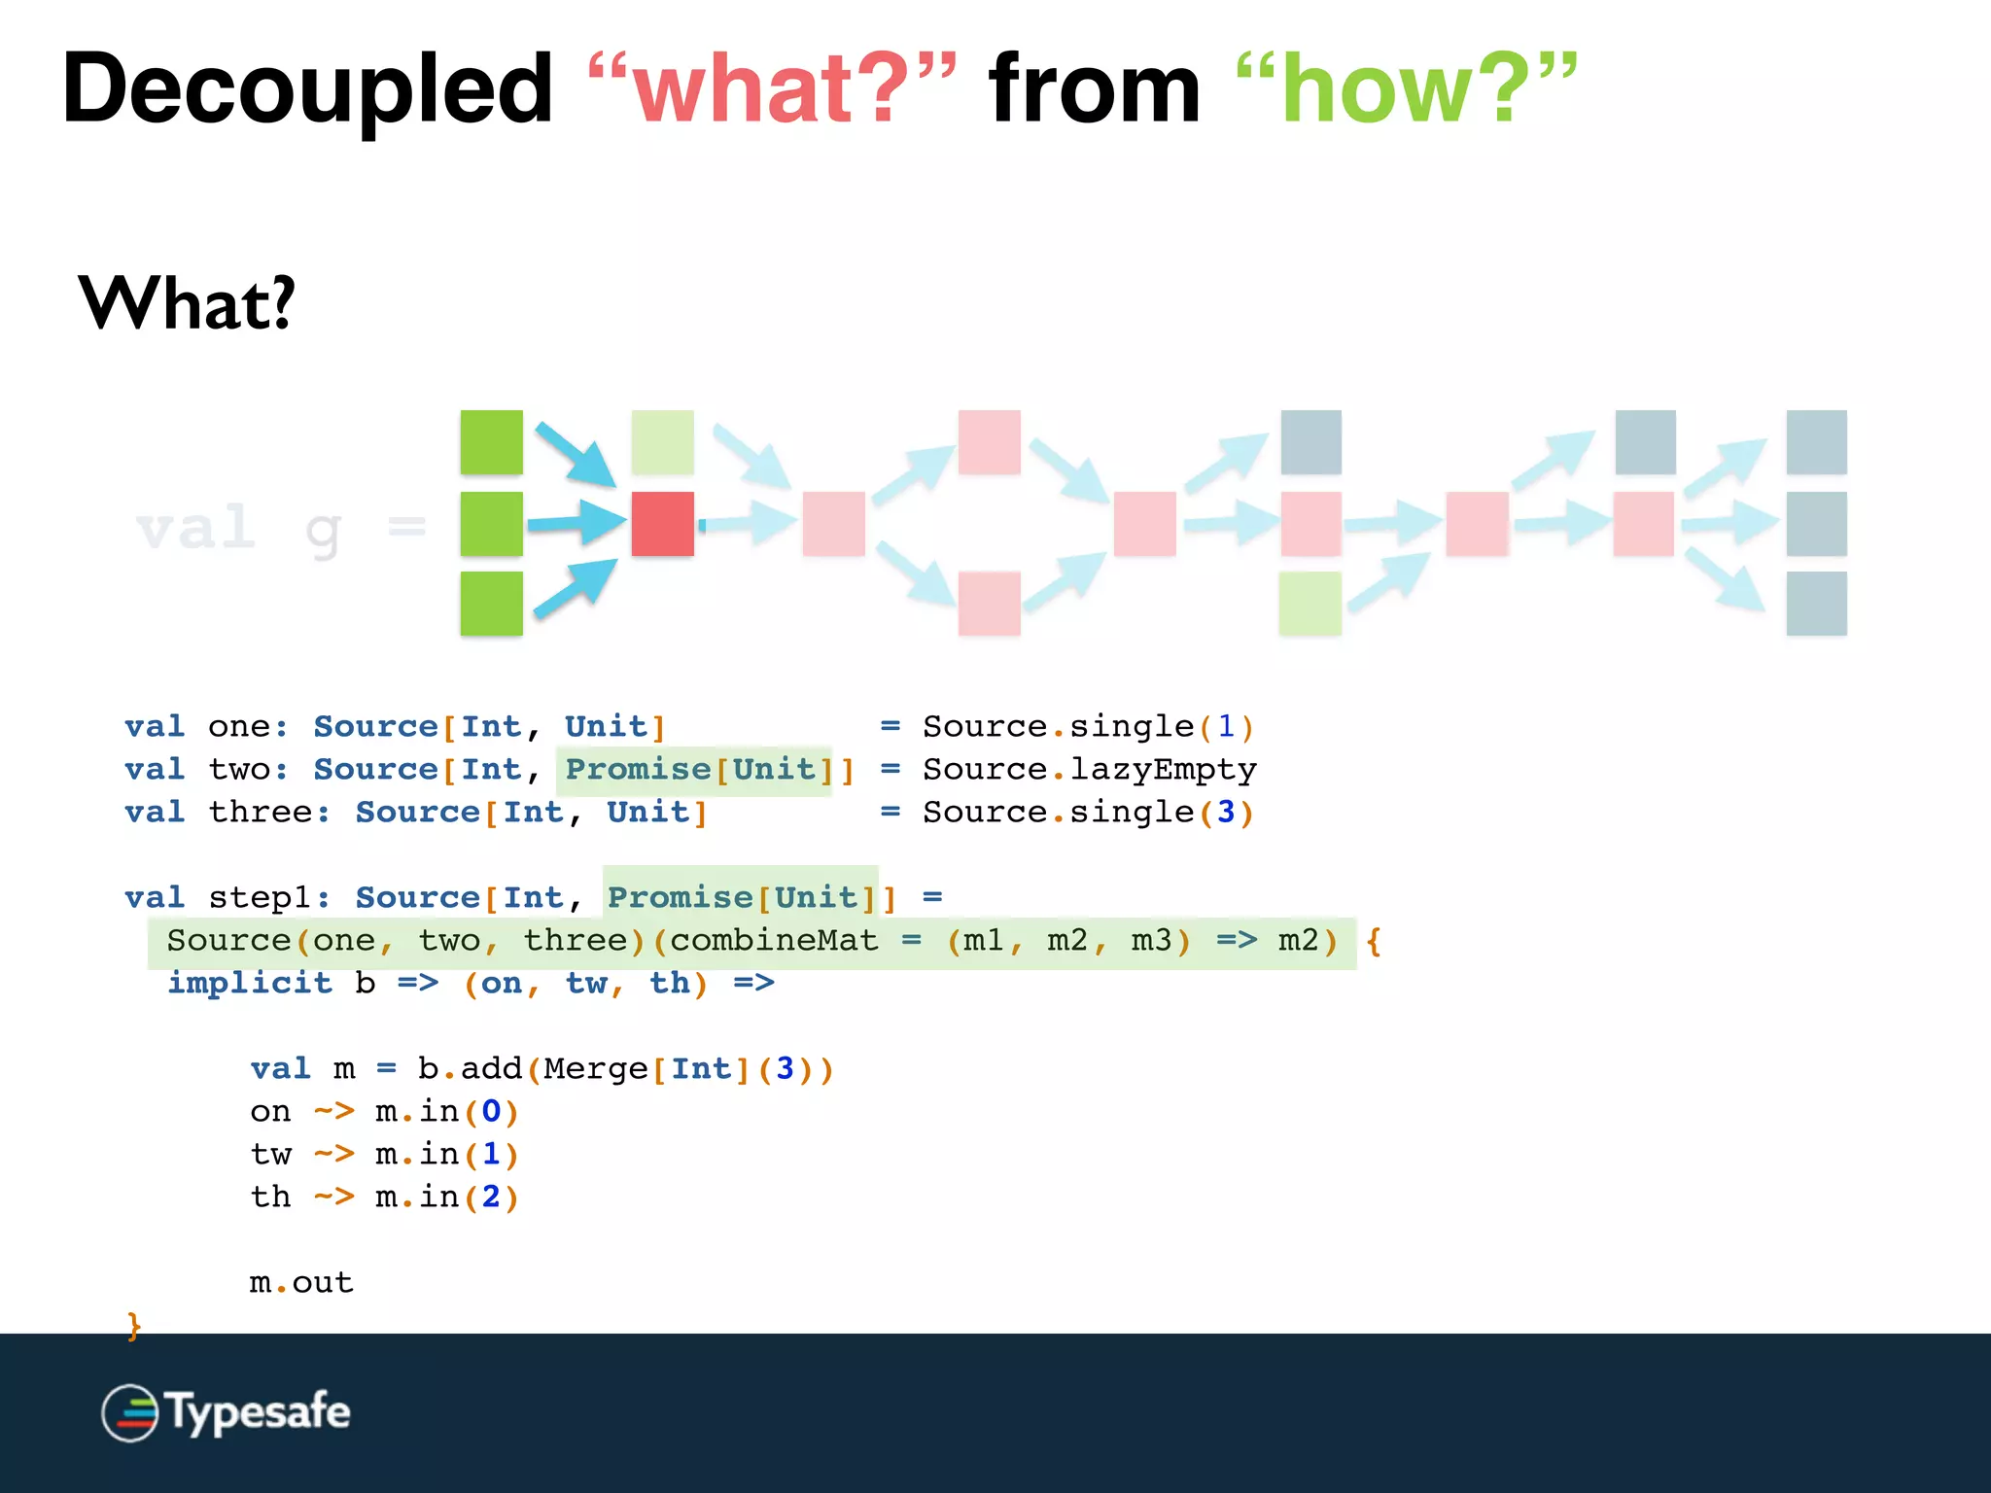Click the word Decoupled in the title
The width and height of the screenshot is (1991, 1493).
[307, 89]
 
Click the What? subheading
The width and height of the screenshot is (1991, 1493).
[186, 304]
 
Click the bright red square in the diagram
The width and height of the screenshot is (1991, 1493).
[662, 524]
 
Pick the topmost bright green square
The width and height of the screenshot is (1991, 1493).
[491, 442]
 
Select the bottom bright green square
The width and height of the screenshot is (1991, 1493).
[491, 604]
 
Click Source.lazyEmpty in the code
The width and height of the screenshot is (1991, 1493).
[1089, 770]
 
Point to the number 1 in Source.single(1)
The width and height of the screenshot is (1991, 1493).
[1226, 727]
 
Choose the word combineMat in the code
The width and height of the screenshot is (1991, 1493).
[774, 941]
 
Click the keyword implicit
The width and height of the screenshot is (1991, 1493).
[250, 984]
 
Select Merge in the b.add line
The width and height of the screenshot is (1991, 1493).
[595, 1069]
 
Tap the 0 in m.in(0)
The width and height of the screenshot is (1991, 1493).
[491, 1112]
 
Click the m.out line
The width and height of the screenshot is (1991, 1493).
[301, 1283]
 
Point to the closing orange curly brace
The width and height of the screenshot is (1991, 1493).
[134, 1326]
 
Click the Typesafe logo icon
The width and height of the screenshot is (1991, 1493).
[129, 1412]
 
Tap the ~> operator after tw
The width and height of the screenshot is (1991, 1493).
[333, 1155]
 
